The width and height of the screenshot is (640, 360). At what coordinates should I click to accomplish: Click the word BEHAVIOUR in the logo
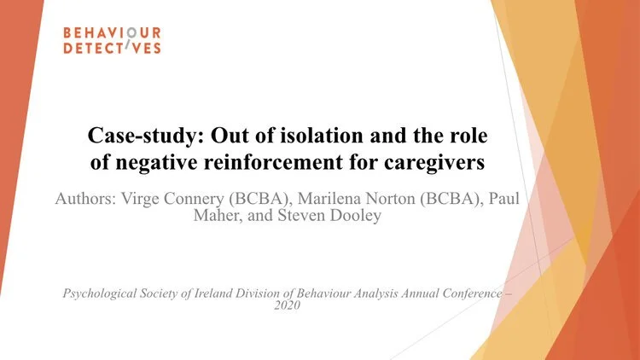(112, 33)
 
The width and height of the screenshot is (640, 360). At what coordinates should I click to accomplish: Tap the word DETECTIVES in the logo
(112, 49)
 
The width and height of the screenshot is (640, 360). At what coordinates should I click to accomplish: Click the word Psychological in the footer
(102, 293)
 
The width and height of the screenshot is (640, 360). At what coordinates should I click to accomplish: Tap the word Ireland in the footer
(212, 293)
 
